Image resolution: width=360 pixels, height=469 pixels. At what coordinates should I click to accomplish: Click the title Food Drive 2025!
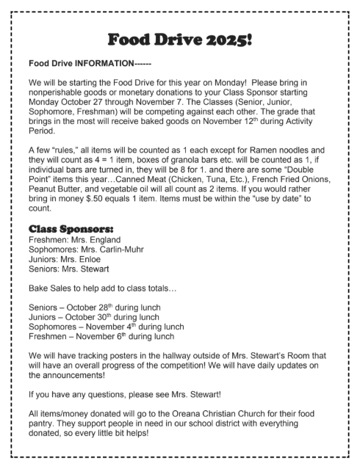[x=181, y=38]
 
